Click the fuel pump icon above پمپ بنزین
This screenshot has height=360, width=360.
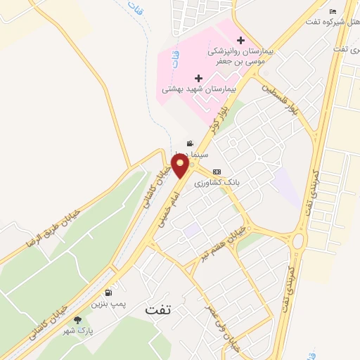pos(108,292)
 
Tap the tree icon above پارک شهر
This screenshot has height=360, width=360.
pos(77,320)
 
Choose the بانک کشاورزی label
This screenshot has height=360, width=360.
pos(217,181)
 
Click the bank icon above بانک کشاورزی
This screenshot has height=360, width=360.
pos(217,171)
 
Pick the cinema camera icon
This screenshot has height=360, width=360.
pos(188,142)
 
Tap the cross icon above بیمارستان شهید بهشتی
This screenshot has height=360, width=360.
pos(199,77)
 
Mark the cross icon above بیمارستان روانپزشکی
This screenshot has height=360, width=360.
pos(241,40)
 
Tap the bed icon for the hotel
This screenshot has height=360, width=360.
pos(333,12)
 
